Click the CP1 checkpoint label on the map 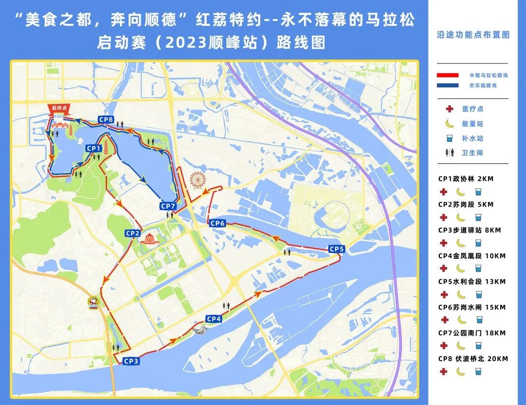coord(94,148)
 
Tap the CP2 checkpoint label coord(133,233)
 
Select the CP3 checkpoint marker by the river coord(131,361)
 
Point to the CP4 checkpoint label coord(214,319)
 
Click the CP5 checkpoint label coord(337,249)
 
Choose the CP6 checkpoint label coord(217,223)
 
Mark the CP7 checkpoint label coord(168,206)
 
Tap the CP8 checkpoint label coord(106,119)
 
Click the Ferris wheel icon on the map coord(197,180)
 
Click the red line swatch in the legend coord(448,76)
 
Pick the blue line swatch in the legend coord(448,85)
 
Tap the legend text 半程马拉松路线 coord(488,76)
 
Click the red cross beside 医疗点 coord(443,109)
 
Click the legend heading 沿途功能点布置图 coord(473,35)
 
